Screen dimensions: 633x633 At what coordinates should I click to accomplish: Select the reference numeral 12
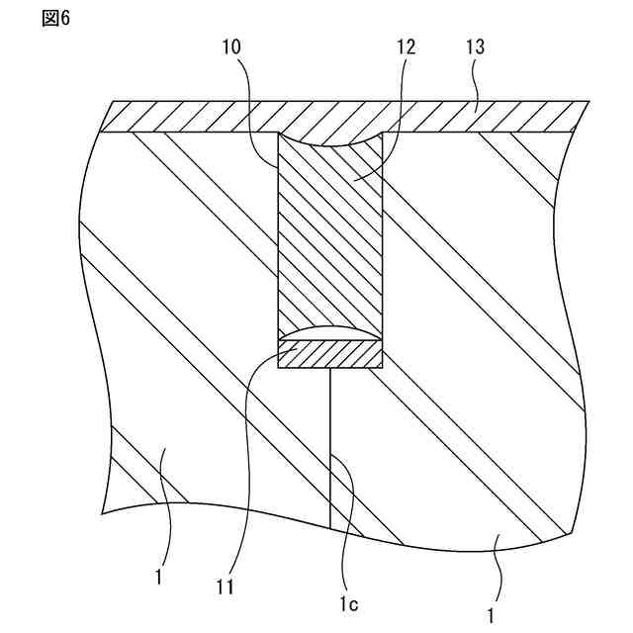coord(406,46)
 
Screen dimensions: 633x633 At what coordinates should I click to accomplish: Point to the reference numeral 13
coord(476,46)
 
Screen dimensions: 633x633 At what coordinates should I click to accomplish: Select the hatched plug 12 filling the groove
coord(329,237)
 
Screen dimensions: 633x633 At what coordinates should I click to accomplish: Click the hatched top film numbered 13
coord(198,117)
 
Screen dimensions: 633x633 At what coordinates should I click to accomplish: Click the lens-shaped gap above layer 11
coord(329,334)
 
